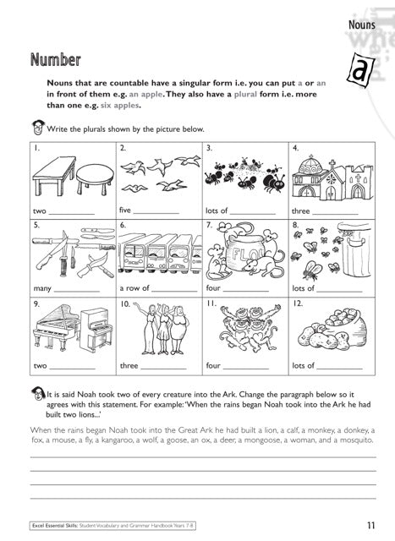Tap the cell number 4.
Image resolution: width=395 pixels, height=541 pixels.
[x=295, y=148]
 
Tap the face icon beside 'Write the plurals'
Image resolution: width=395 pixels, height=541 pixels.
[x=36, y=129]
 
